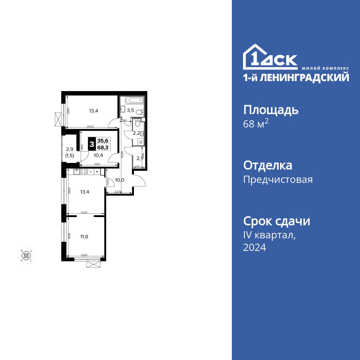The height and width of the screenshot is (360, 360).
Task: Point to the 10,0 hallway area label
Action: tap(119, 180)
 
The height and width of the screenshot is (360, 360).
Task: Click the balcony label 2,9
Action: tap(69, 149)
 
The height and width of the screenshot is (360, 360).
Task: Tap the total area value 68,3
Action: tap(103, 148)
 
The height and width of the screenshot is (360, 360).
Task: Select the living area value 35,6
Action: tap(103, 141)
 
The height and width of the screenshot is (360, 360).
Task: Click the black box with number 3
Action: tap(92, 144)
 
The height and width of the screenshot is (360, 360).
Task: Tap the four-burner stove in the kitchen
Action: tap(83, 172)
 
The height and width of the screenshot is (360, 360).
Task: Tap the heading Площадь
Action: tap(271, 109)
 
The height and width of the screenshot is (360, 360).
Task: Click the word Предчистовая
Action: tap(278, 179)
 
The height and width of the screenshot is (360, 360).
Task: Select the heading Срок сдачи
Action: tap(276, 221)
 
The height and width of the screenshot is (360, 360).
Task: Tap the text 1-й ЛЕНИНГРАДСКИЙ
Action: tap(296, 77)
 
